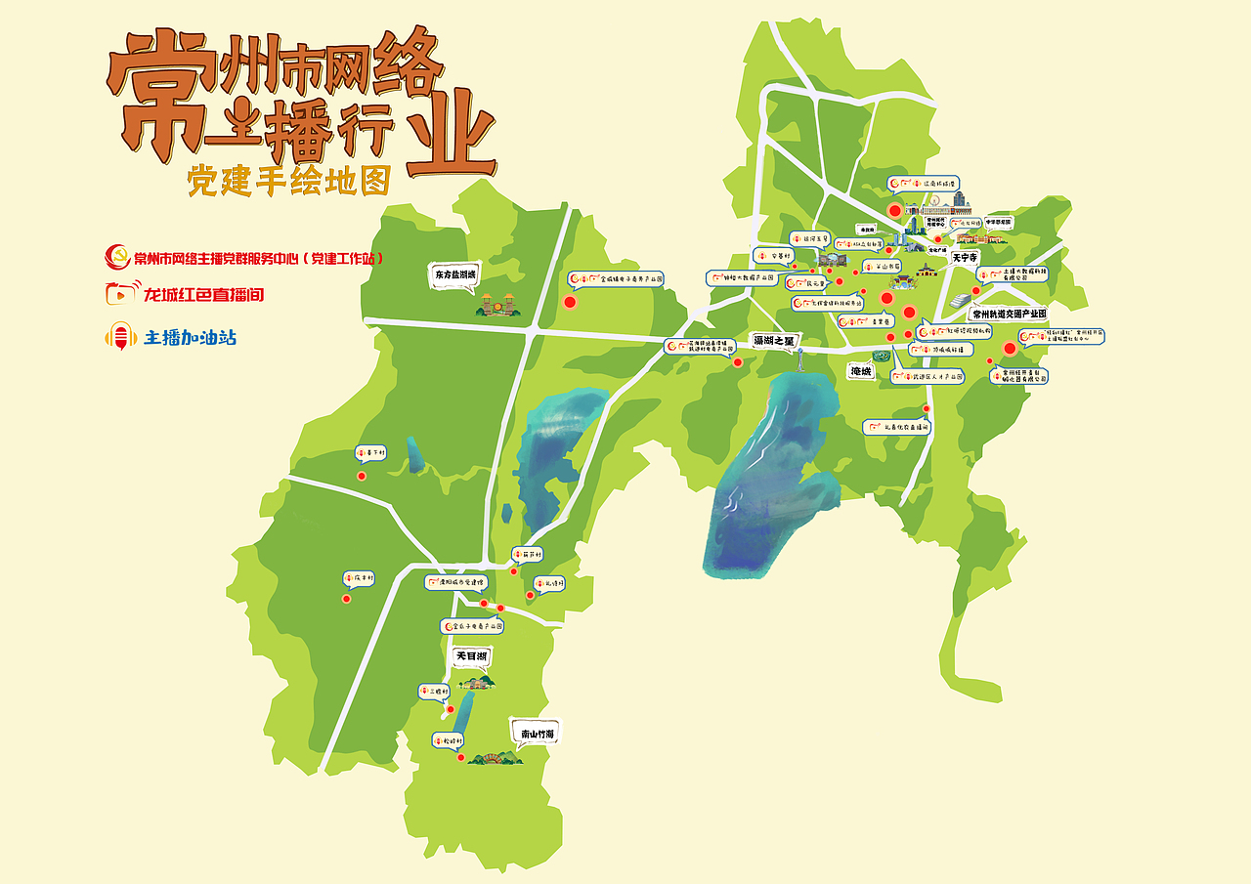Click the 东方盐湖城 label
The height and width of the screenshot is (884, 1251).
455,276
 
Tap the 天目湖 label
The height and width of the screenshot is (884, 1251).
471,656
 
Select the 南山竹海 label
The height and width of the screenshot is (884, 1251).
538,734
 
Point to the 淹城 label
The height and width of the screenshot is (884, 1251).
861,371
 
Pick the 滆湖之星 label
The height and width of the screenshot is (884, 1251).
774,341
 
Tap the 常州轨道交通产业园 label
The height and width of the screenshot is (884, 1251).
1009,314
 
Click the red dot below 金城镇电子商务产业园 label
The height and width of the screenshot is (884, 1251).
570,302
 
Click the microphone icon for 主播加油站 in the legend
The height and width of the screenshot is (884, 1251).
121,338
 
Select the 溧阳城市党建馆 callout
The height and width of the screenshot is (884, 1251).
454,582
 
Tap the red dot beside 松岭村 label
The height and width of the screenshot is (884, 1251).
461,757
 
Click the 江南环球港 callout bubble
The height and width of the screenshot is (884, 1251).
924,183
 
